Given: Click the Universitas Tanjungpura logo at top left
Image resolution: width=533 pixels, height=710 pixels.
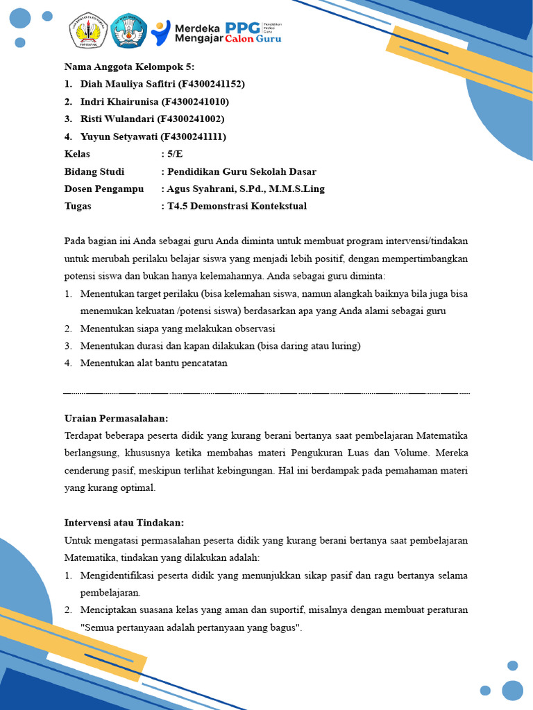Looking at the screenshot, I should (87, 31).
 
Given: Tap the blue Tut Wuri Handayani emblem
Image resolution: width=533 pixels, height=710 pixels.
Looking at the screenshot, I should (129, 31).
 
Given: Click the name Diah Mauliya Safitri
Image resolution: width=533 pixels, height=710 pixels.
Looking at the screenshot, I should (128, 84).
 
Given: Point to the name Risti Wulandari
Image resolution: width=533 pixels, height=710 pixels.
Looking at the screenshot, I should (117, 119).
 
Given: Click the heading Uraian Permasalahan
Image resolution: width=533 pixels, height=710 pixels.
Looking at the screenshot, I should (116, 418).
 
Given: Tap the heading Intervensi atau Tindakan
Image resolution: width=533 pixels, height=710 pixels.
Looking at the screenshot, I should (124, 523).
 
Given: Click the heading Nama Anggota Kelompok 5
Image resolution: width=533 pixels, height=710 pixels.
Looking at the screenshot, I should (130, 67).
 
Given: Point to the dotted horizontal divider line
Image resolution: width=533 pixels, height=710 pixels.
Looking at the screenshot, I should (266, 393).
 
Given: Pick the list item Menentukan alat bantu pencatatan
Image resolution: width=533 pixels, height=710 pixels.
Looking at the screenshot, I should (153, 363).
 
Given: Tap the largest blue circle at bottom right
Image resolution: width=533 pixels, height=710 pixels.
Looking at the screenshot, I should (512, 690).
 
